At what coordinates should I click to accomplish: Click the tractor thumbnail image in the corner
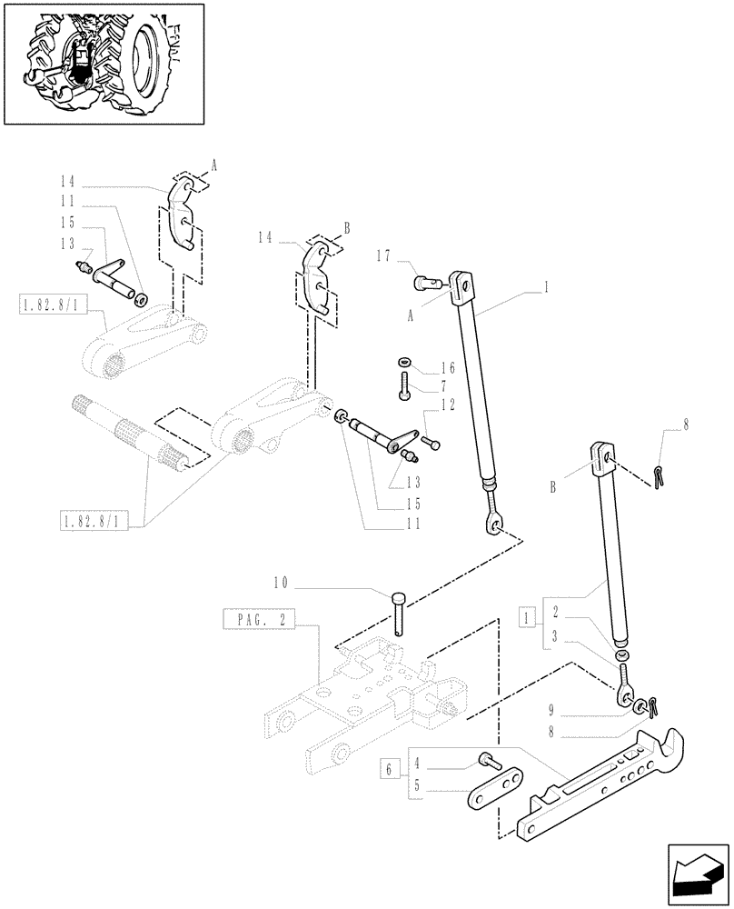tap(103, 63)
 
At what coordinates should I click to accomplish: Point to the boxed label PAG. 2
tap(257, 621)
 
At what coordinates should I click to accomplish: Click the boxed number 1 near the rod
tap(525, 617)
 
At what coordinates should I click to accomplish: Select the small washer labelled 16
tap(404, 365)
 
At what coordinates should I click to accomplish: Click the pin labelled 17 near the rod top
tap(425, 284)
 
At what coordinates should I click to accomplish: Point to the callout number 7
tap(447, 386)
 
